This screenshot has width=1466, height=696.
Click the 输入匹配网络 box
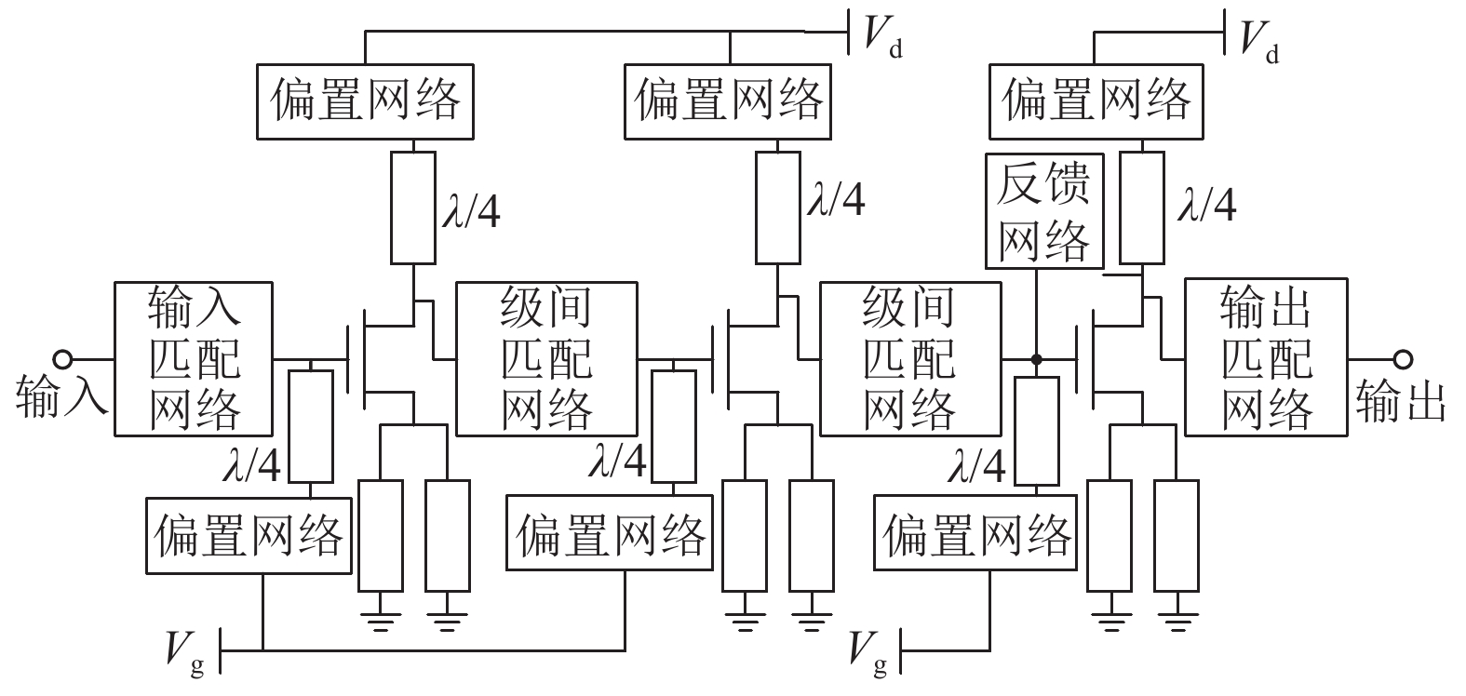[x=194, y=359]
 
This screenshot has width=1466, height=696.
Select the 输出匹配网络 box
[x=1266, y=357]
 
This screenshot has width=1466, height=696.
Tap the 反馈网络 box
[x=1044, y=211]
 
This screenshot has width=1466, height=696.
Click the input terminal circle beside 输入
[x=63, y=359]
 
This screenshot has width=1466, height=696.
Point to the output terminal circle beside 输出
[x=1404, y=359]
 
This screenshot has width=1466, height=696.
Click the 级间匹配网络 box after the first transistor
[x=546, y=359]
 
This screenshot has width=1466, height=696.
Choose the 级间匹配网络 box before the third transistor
[x=910, y=359]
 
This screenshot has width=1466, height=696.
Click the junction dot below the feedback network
[x=1036, y=359]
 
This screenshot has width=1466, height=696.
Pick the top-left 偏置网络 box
[x=365, y=101]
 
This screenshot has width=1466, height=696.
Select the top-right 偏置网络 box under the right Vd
[x=1096, y=101]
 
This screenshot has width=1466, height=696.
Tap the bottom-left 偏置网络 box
[x=249, y=536]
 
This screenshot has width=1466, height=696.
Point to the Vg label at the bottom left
[x=185, y=654]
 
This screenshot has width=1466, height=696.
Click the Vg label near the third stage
[x=868, y=654]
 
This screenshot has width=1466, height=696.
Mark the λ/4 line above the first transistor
[x=413, y=208]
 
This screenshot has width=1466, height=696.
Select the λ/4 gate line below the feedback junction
[x=1037, y=431]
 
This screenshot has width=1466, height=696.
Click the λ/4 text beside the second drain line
[x=836, y=199]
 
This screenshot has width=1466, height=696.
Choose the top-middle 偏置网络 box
[x=728, y=101]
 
